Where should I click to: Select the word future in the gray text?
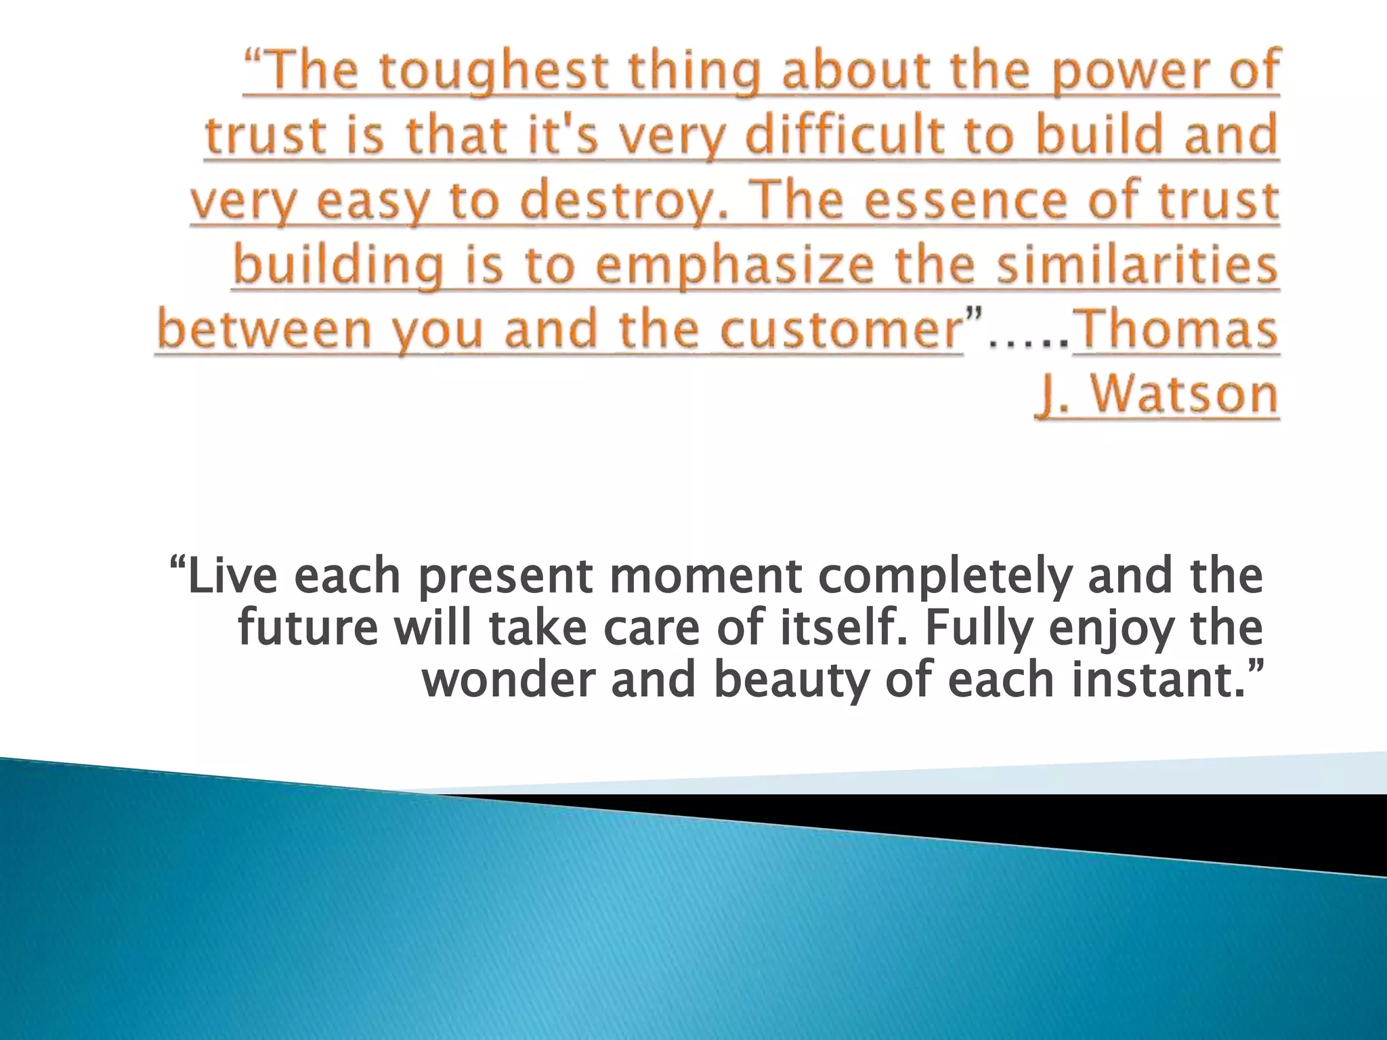pyautogui.click(x=307, y=628)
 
